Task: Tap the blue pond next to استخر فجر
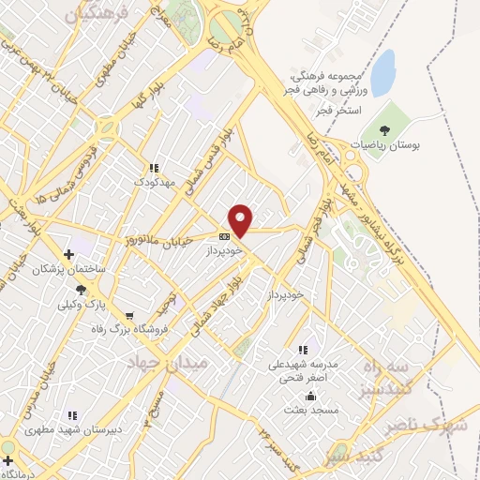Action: click(382, 74)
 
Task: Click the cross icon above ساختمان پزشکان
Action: click(68, 254)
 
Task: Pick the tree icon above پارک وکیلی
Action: click(82, 290)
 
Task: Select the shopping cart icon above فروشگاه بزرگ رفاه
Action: click(128, 315)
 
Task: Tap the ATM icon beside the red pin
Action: click(224, 236)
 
